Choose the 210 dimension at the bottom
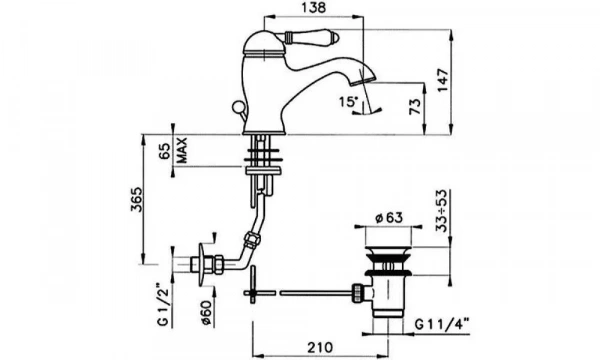[319, 348]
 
